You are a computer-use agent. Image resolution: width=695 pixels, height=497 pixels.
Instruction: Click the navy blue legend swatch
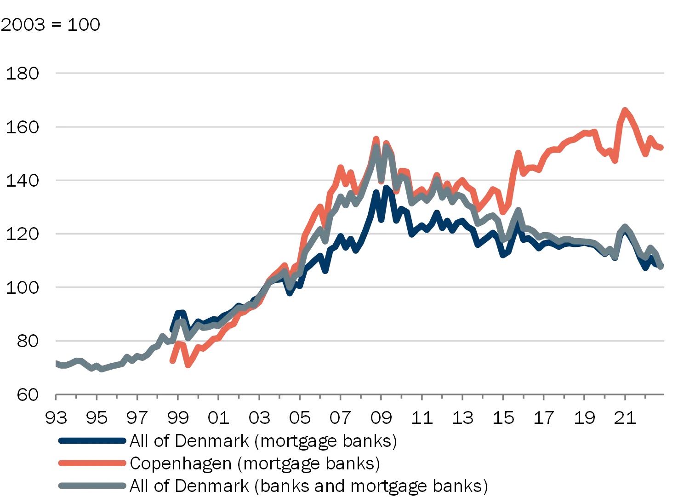91,440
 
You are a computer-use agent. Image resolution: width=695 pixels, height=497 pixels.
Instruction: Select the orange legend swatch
91,463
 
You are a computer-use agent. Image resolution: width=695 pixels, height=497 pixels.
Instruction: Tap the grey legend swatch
91,485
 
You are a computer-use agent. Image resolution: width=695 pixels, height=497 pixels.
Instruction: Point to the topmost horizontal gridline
360,74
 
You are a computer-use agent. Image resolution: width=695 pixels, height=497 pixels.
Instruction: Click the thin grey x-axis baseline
360,394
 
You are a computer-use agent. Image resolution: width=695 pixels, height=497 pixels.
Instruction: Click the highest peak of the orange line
625,109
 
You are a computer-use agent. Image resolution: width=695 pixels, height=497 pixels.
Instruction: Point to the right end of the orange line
663,147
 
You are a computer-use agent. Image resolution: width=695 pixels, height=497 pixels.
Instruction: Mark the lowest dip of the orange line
188,367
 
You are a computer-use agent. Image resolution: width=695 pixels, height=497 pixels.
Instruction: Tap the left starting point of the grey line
57,366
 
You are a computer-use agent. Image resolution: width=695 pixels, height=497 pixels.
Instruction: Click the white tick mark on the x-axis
160,399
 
